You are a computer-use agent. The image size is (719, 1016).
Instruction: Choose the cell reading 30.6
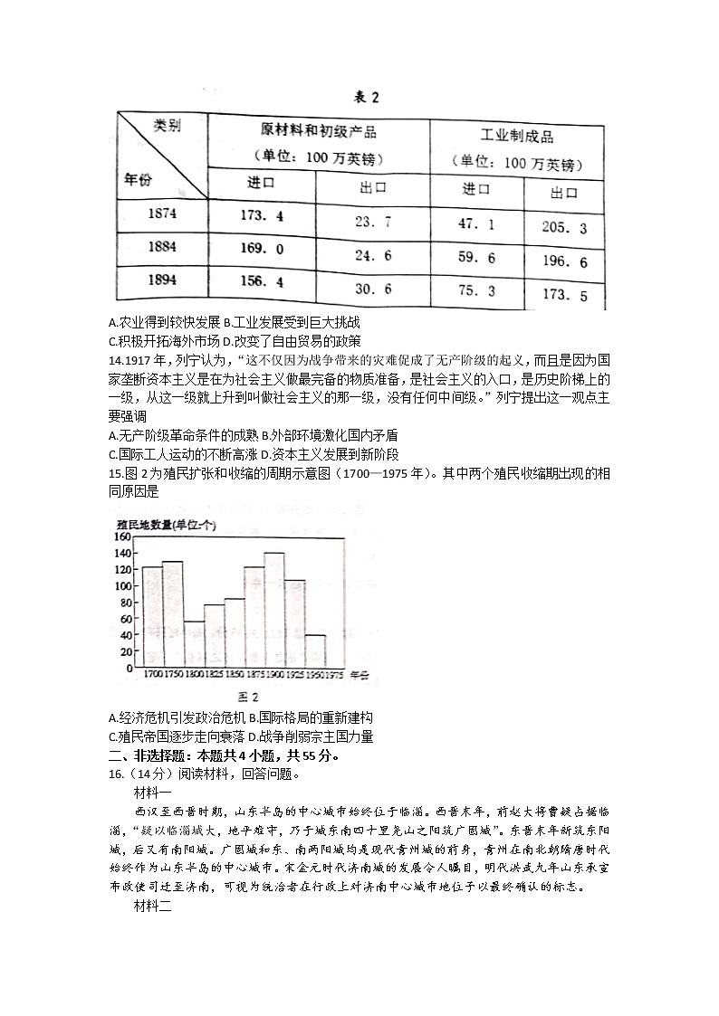pyautogui.click(x=372, y=289)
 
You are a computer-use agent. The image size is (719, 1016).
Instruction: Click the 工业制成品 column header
pyautogui.click(x=516, y=137)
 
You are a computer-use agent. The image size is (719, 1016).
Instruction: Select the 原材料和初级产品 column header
pyautogui.click(x=318, y=128)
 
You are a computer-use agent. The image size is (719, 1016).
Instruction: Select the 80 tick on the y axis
pyautogui.click(x=127, y=603)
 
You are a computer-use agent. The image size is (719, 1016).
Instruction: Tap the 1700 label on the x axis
pyautogui.click(x=153, y=675)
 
